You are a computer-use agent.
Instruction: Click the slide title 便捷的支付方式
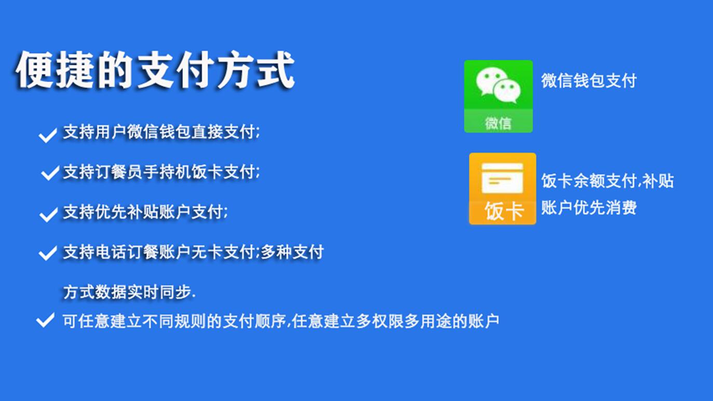(155, 70)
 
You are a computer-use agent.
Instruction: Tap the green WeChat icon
(499, 96)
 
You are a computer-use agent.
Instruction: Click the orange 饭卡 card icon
(503, 189)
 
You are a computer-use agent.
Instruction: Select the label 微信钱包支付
(589, 81)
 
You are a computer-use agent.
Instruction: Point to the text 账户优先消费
(589, 208)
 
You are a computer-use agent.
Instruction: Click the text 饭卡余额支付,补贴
(608, 181)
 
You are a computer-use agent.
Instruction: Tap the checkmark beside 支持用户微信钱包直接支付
(48, 135)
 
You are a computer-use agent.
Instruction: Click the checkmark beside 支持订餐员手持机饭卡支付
(50, 173)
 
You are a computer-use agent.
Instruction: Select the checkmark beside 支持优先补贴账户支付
(48, 215)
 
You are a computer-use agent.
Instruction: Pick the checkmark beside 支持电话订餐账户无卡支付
(48, 253)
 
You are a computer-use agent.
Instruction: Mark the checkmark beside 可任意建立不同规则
(45, 320)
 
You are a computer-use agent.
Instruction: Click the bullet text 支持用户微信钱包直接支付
(161, 132)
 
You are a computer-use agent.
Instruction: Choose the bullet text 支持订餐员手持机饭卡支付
(161, 172)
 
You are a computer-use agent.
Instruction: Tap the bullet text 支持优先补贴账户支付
(145, 212)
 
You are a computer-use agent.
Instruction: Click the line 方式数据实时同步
(129, 292)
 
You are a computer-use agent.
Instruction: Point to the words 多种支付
(292, 251)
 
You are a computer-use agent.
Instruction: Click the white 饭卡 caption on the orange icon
(504, 211)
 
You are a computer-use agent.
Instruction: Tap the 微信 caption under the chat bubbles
(498, 123)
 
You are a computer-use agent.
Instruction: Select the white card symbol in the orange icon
(502, 178)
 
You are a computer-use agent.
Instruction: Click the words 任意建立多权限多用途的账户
(395, 321)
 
